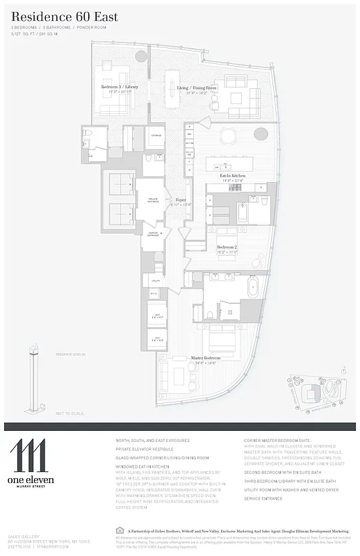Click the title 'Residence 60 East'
[64, 17]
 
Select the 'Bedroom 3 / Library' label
[120, 87]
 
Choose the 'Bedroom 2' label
[227, 247]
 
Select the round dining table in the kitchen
[230, 133]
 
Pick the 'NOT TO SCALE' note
[69, 414]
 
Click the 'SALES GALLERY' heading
[22, 537]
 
